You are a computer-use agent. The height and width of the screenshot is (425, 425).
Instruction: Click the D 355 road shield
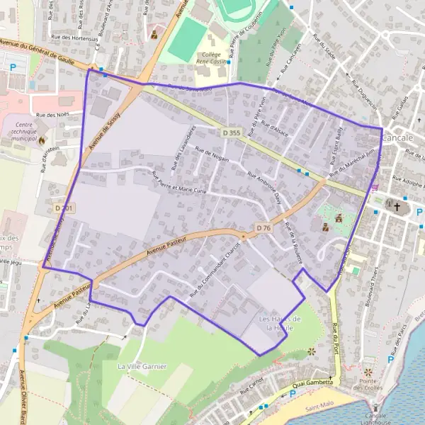[x=231, y=132]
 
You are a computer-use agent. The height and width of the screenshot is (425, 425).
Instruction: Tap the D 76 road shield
[x=263, y=227]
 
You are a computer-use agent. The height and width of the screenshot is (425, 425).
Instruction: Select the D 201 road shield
[x=63, y=208]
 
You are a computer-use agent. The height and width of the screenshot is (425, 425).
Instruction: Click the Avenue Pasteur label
[x=170, y=245]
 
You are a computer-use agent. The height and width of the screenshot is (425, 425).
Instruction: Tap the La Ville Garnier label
[x=142, y=366]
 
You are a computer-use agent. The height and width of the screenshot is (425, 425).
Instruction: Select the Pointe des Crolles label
[x=368, y=384]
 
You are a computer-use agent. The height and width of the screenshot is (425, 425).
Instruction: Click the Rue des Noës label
[x=50, y=115]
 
